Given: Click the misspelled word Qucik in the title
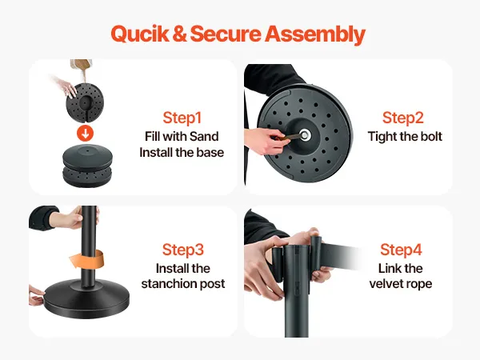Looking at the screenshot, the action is coord(140,34).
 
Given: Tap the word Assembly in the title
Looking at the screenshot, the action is coord(315,34).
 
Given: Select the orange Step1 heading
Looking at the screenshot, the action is coord(182,118).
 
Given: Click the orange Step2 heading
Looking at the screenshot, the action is coord(403,118).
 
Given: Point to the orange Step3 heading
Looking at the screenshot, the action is coord(182,250).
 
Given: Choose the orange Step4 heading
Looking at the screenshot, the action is coord(401,250).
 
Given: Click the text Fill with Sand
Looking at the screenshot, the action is coord(182,136).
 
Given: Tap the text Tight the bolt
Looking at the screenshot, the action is coord(405,137).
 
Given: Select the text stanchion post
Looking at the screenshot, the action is coord(183,283).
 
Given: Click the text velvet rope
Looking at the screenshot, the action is coord(401,283).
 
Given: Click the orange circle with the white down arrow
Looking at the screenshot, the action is coord(85,133).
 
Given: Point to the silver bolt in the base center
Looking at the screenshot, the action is coord(304,134).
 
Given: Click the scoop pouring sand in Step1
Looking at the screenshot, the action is coord(82,66).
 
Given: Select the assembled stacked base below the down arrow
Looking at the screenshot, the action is coord(87,166).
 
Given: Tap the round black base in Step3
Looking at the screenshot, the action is coord(86,300).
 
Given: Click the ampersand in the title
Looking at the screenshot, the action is coord(179,34).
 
